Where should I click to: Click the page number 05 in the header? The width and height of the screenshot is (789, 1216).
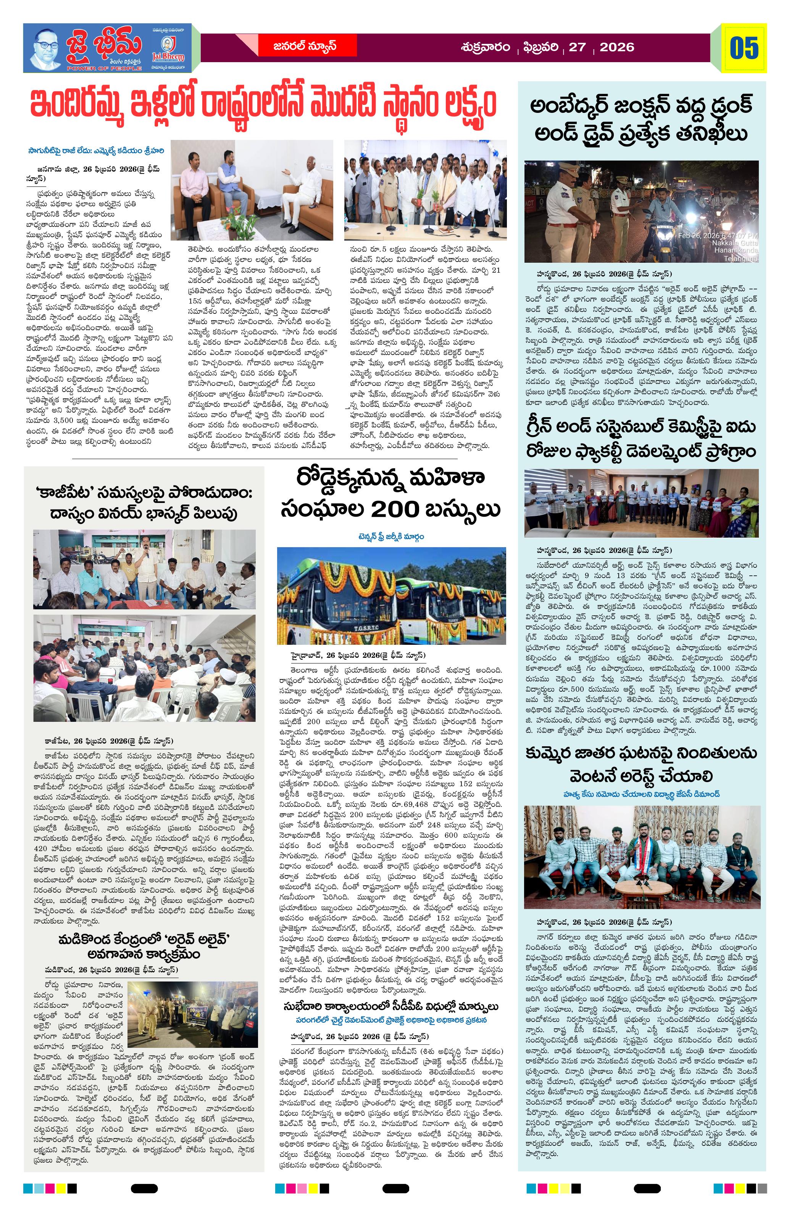coord(744,48)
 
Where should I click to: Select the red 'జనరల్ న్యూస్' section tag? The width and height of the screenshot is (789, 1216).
coord(305,47)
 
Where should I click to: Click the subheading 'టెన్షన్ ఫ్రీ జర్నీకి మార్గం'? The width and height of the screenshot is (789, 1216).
coord(391,537)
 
